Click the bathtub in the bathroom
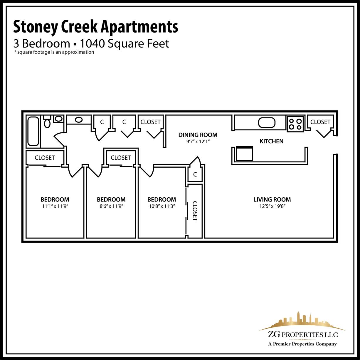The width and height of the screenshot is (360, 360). tap(33, 131)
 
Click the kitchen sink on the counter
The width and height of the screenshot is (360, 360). tap(267, 122)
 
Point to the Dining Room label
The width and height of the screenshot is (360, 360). tap(198, 135)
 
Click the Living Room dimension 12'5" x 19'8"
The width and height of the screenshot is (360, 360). tap(272, 206)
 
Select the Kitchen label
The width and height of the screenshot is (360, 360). tap(272, 141)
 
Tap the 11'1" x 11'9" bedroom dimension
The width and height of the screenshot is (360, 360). tap(55, 206)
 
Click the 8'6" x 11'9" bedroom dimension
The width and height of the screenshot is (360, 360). tap(111, 206)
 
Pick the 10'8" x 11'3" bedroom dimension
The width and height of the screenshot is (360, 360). tap(162, 206)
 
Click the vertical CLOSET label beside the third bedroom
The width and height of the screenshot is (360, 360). tap(195, 211)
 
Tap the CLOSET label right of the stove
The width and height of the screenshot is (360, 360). tap(320, 122)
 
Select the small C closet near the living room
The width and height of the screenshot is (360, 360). tap(195, 175)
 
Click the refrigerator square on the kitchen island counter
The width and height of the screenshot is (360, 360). tap(244, 153)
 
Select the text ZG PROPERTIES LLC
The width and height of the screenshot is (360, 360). tap(303, 334)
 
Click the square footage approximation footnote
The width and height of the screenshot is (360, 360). tap(54, 52)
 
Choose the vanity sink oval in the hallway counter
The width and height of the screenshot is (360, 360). tap(79, 120)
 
